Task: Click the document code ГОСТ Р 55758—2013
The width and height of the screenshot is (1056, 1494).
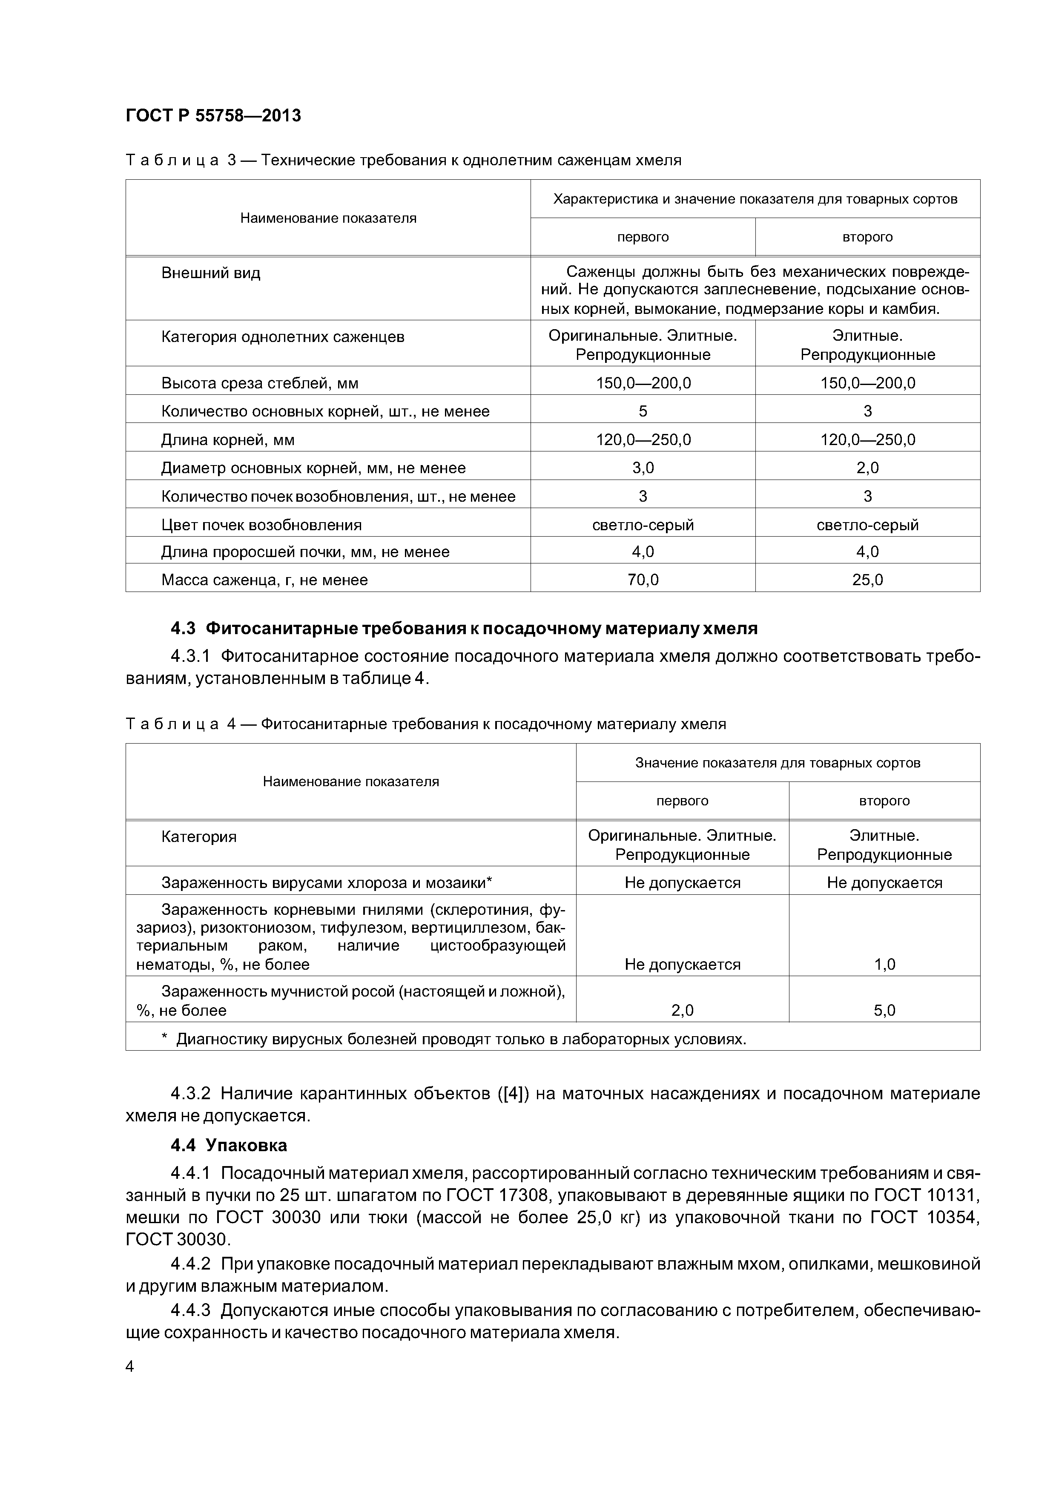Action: (213, 116)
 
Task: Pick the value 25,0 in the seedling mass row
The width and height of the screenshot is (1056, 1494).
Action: (867, 580)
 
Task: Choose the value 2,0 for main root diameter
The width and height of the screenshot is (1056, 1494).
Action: (867, 468)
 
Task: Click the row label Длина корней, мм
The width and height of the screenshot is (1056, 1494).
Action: (228, 440)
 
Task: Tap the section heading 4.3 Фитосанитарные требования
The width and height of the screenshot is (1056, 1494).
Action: (464, 629)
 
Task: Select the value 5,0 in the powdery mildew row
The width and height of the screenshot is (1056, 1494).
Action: (884, 1011)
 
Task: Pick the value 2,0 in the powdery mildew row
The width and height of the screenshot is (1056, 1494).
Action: (682, 1011)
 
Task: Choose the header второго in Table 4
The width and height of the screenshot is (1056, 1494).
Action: (884, 801)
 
